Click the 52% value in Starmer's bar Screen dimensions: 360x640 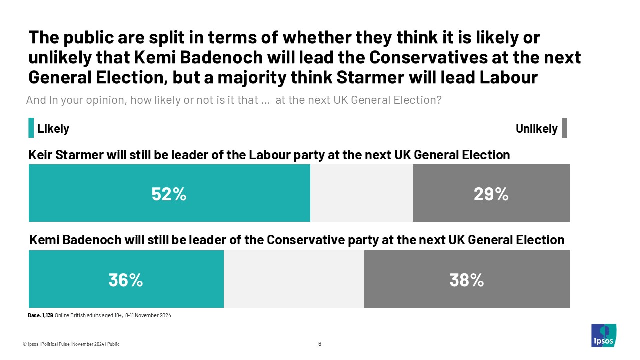coord(169,194)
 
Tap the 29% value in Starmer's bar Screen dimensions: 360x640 coord(491,194)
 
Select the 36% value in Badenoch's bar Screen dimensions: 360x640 coord(126,280)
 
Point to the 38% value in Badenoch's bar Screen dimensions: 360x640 coord(466,280)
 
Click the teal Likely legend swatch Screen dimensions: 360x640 coord(31,128)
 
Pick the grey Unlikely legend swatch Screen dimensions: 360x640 coord(564,128)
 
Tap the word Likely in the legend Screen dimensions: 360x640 coord(53,129)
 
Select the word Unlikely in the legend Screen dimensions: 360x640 coord(536,129)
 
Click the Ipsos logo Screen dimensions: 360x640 coord(603,335)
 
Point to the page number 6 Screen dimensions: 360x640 coord(320,344)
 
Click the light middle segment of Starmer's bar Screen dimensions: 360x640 coord(361,193)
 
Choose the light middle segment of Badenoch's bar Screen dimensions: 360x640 coord(294,279)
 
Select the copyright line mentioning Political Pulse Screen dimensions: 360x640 coord(71,344)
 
